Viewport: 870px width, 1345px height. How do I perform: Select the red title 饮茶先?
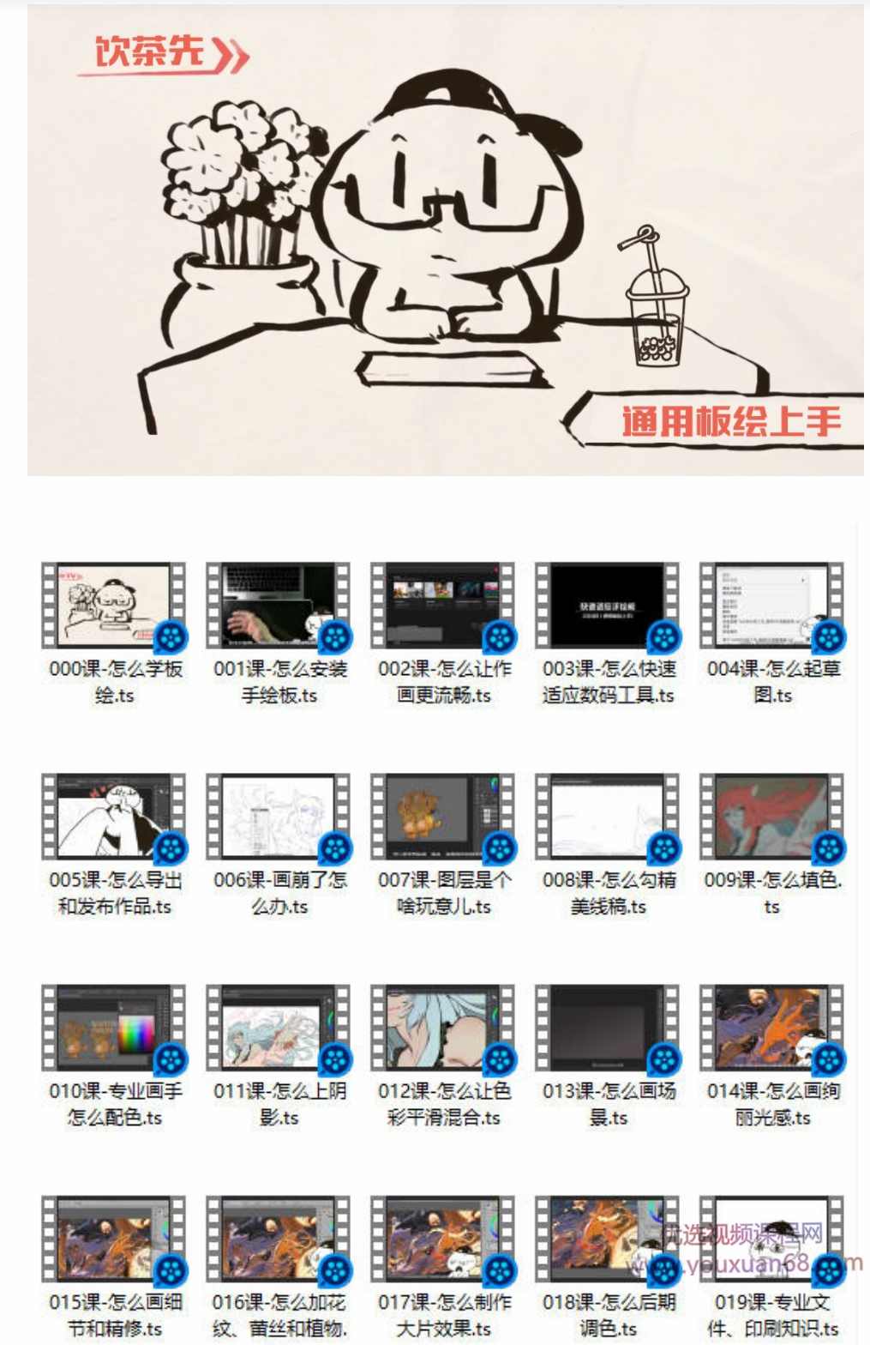(x=150, y=51)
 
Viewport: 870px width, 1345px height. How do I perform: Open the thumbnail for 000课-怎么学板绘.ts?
(x=114, y=605)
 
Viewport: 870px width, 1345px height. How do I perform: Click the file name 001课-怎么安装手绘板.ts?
(x=279, y=682)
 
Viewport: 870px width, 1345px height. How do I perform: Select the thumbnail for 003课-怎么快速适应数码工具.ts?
(x=608, y=605)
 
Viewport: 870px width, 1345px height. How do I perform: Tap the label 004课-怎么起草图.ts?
(x=772, y=682)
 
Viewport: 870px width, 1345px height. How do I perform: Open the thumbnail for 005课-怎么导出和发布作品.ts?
(x=114, y=816)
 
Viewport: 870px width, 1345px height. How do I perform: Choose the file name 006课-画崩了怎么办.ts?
(x=279, y=893)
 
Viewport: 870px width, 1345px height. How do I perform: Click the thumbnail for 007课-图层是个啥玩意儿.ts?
(x=443, y=816)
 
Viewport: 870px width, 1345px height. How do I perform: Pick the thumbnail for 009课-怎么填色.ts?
(x=772, y=816)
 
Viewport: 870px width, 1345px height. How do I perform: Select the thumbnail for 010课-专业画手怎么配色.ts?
(x=114, y=1027)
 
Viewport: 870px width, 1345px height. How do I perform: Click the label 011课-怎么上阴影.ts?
(x=279, y=1104)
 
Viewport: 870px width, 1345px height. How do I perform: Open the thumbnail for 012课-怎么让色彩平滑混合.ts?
(x=443, y=1027)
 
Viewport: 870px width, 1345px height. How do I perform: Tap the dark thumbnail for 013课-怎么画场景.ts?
(x=608, y=1027)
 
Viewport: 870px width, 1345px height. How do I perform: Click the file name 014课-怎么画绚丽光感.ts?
(x=772, y=1104)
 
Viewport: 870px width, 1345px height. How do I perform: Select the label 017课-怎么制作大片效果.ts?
(x=443, y=1315)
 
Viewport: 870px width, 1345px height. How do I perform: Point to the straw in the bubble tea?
(x=654, y=274)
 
